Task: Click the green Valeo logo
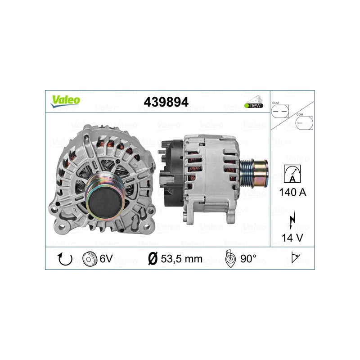pos(65,101)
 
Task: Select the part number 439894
pos(166,102)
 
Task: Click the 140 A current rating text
pos(292,193)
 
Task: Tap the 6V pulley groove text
pos(106,259)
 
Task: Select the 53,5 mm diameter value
pos(181,259)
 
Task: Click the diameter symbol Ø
pos(152,259)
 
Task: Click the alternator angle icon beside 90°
pos(230,259)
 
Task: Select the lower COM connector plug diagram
pos(304,121)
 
